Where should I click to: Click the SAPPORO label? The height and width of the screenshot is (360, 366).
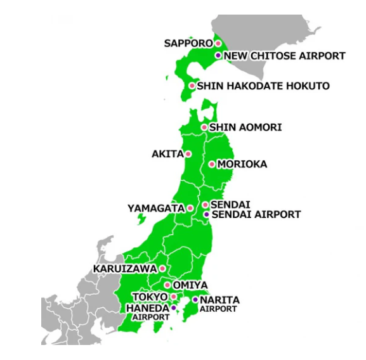[188, 44]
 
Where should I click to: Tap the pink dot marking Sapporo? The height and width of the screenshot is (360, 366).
[218, 44]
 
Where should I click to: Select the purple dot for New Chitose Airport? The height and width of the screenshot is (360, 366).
[218, 56]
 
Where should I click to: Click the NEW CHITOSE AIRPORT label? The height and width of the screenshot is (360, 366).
[285, 56]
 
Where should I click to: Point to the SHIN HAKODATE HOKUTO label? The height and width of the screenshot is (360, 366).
[263, 86]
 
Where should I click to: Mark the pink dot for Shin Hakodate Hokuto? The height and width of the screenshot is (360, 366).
[192, 86]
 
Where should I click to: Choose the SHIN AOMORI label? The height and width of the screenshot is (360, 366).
[245, 127]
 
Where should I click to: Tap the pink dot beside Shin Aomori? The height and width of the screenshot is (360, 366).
[204, 127]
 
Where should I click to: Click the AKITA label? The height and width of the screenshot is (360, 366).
[167, 154]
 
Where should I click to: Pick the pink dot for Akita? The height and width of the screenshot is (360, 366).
[188, 154]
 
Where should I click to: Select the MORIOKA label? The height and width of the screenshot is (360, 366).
[242, 164]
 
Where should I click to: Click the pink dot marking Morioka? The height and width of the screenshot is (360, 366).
[212, 164]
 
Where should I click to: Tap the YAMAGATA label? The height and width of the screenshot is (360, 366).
[155, 208]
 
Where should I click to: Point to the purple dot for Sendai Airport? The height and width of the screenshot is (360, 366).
[206, 214]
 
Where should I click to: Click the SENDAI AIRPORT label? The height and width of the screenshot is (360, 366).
[256, 215]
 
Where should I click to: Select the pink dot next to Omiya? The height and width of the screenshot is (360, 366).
[167, 285]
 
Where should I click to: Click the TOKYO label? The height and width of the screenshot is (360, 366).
[150, 297]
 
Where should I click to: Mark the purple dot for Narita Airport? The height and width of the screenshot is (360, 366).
[195, 299]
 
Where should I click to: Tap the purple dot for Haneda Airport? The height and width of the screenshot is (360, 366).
[174, 307]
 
